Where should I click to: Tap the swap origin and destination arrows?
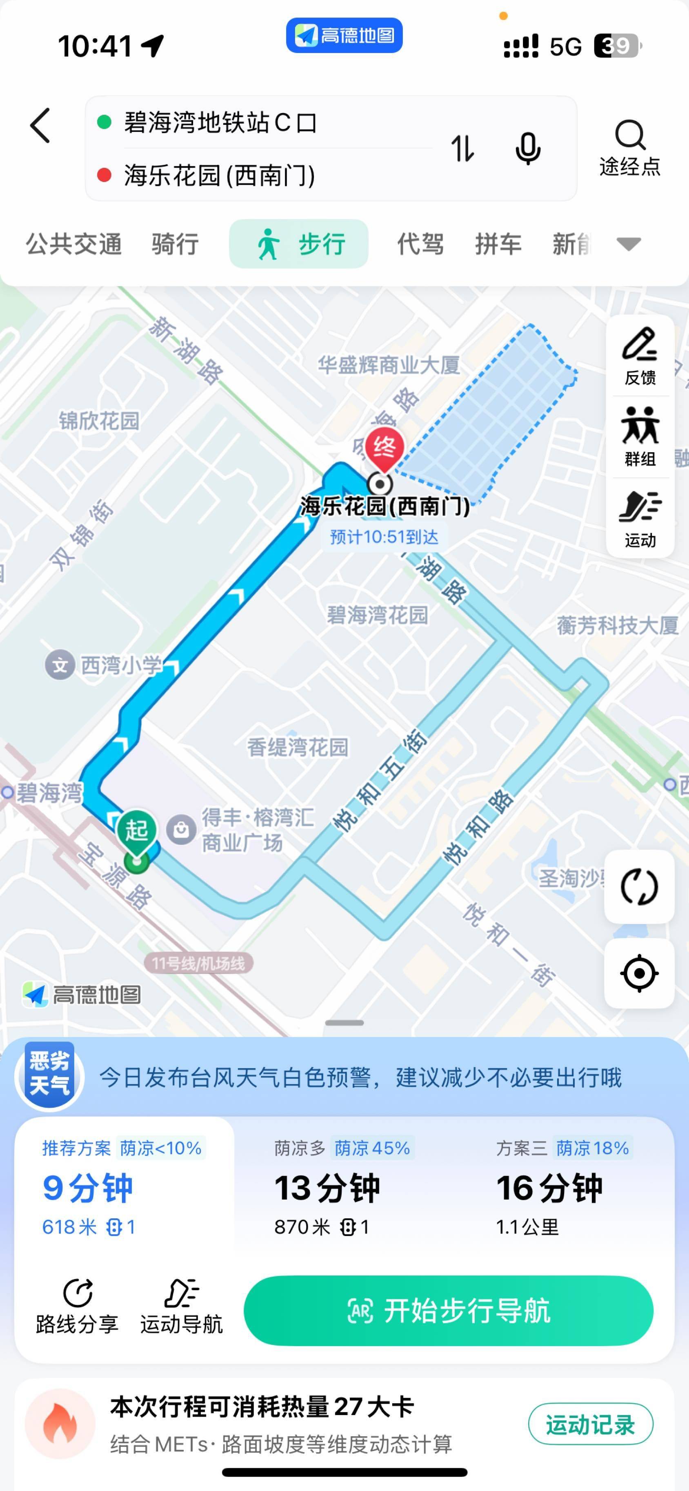462,148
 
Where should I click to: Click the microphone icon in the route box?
527,148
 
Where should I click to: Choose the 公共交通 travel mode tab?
73,244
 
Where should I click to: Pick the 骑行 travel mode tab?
175,244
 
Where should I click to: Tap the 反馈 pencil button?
640,356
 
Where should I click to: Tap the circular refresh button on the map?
639,887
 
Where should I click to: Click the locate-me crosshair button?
639,973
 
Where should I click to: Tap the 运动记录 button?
590,1424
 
